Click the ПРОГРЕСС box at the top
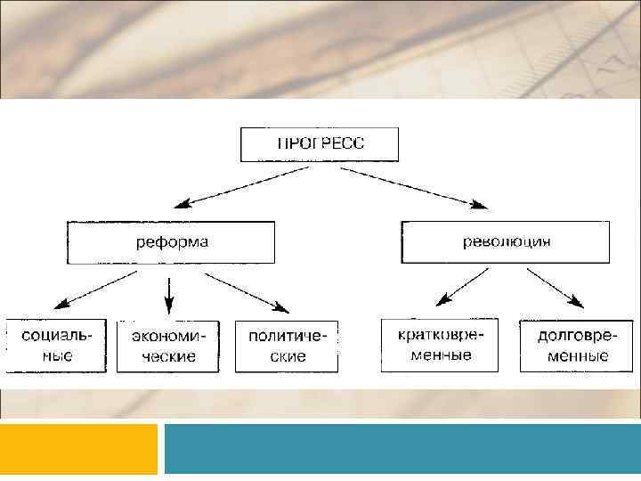pyautogui.click(x=319, y=144)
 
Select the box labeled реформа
pyautogui.click(x=172, y=242)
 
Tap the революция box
pyautogui.click(x=506, y=242)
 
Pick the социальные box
pyautogui.click(x=56, y=345)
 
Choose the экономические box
pyautogui.click(x=169, y=346)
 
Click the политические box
pyautogui.click(x=287, y=346)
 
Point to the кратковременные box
pyautogui.click(x=439, y=345)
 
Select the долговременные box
pyautogui.click(x=572, y=345)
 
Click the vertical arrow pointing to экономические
pyautogui.click(x=169, y=289)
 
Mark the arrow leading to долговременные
pyautogui.click(x=555, y=287)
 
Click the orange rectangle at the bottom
pyautogui.click(x=78, y=449)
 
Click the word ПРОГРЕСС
pyautogui.click(x=319, y=143)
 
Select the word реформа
pyautogui.click(x=172, y=241)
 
